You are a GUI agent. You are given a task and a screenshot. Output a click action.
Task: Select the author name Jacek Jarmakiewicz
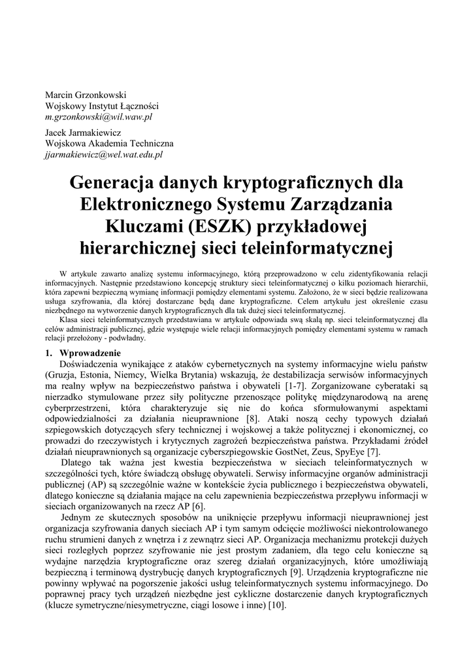pyautogui.click(x=87, y=132)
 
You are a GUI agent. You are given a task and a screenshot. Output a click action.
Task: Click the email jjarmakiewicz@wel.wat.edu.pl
pyautogui.click(x=104, y=155)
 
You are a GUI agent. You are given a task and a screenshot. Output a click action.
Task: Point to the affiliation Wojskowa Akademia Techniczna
pyautogui.click(x=109, y=144)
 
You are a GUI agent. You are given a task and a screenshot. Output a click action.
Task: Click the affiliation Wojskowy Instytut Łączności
pyautogui.click(x=101, y=105)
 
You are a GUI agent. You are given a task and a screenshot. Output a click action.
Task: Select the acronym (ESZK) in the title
pyautogui.click(x=216, y=226)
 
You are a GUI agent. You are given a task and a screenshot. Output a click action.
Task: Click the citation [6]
pyautogui.click(x=198, y=506)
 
